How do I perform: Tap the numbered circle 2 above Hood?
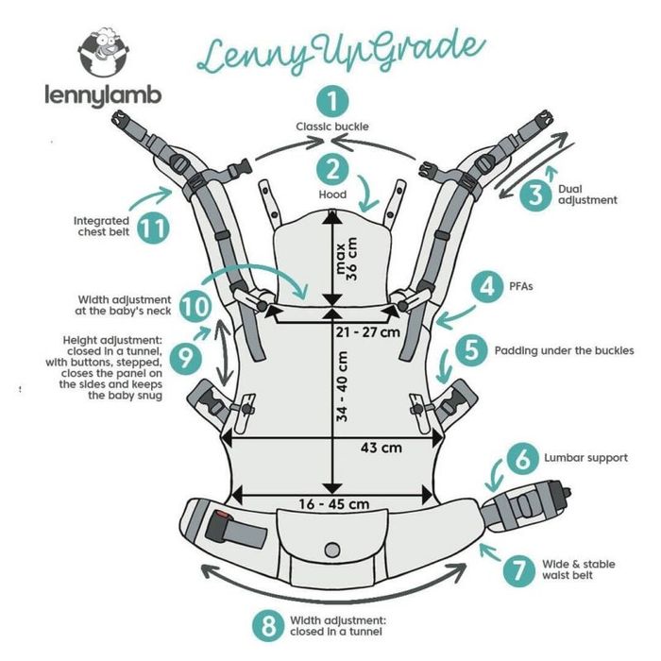[x=331, y=170]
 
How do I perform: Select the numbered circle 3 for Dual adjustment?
[x=535, y=195]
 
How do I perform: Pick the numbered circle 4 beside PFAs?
[x=487, y=285]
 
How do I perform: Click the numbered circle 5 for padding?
[x=472, y=349]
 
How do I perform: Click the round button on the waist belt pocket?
[x=330, y=550]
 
